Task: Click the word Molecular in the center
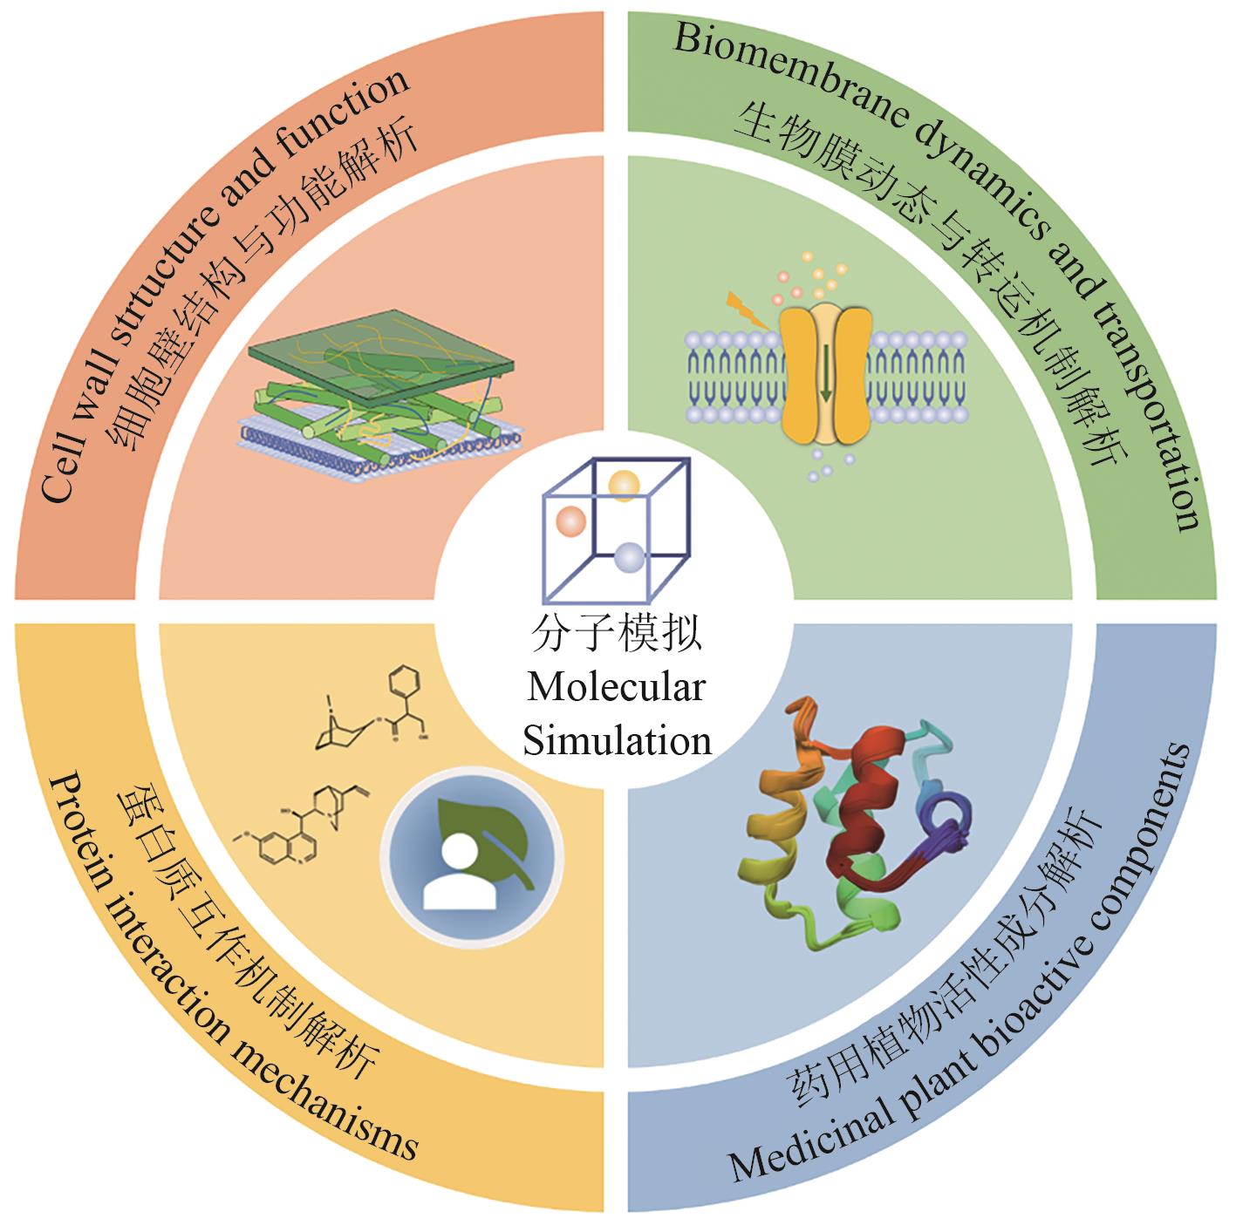coord(616,687)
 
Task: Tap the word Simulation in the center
coord(616,740)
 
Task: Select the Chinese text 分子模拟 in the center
coord(616,634)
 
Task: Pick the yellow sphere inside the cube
coord(625,485)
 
